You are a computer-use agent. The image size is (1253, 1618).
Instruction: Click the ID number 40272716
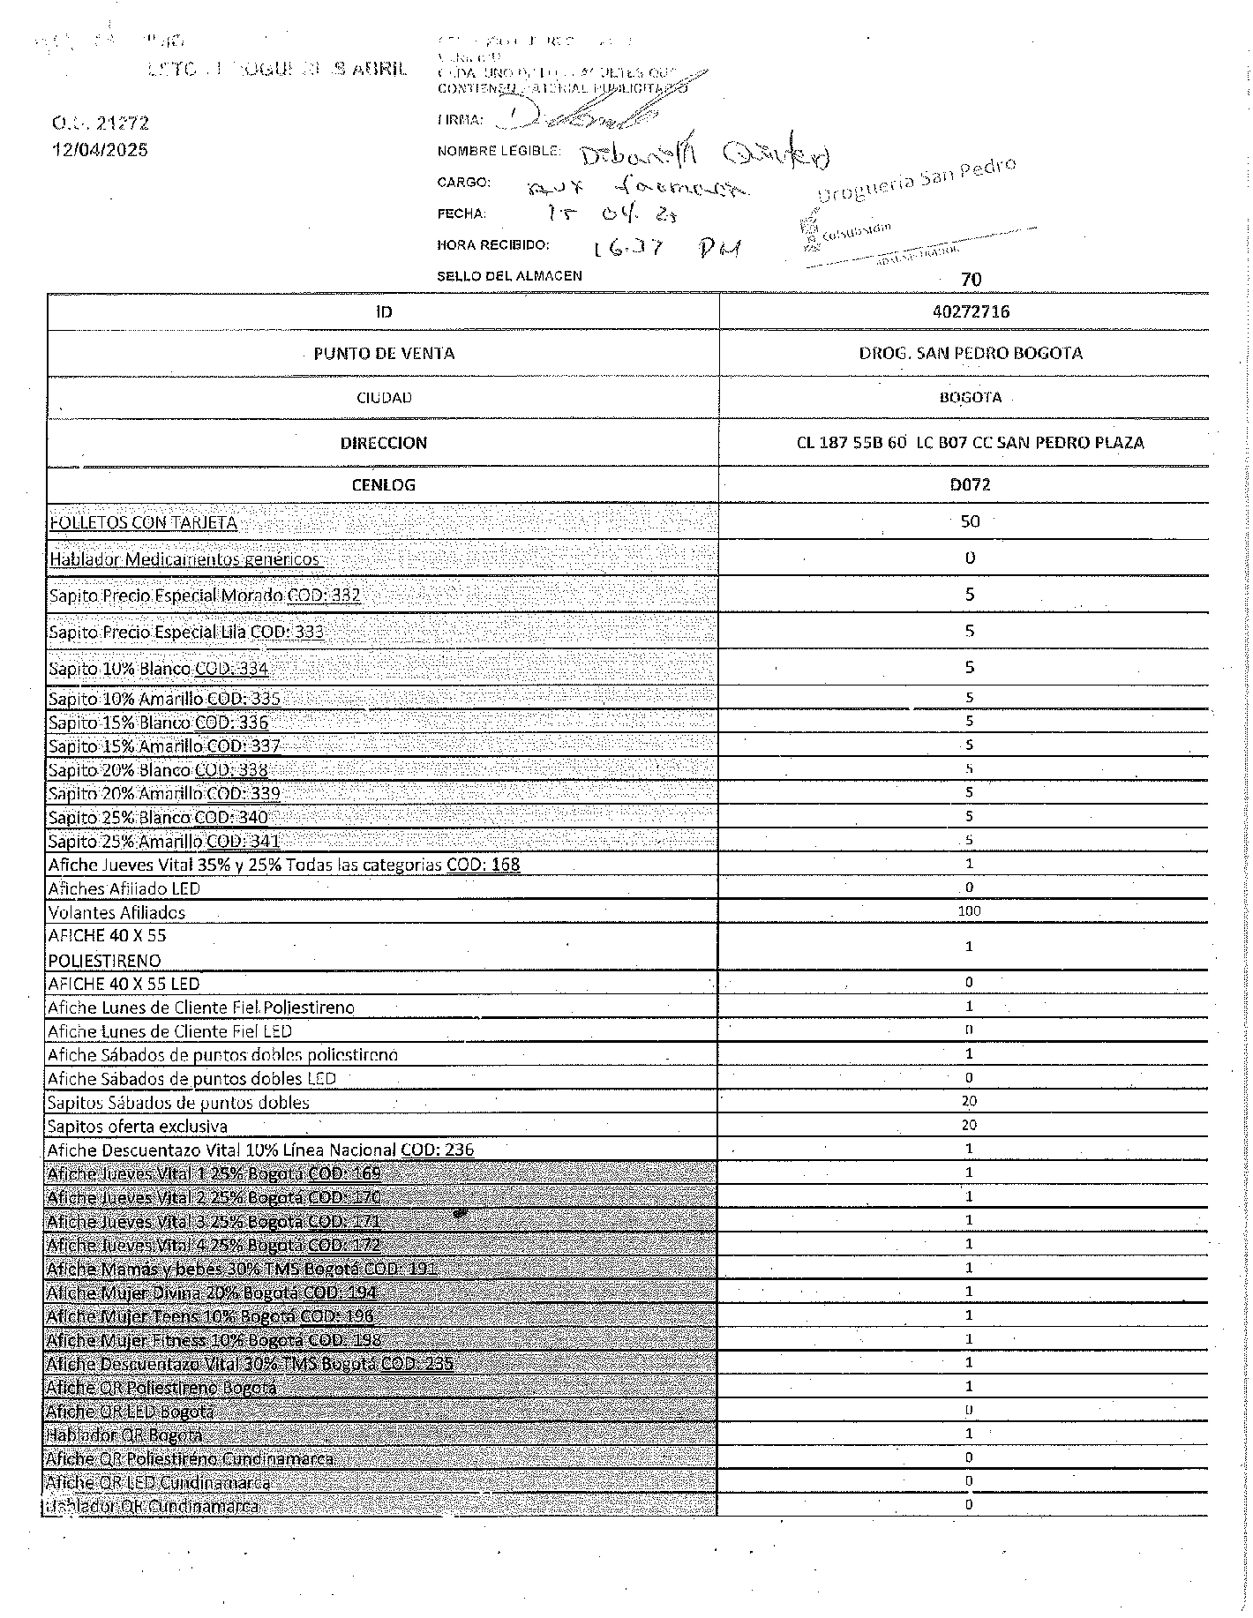click(x=971, y=311)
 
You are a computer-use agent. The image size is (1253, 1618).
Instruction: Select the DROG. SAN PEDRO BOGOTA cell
click(x=971, y=353)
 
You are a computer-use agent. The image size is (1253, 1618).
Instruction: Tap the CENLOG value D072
click(x=970, y=484)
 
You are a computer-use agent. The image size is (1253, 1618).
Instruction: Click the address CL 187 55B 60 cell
click(x=970, y=443)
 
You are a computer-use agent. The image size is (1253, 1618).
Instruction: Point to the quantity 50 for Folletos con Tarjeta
click(x=970, y=521)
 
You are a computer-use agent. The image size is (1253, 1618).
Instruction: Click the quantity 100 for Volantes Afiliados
click(x=969, y=911)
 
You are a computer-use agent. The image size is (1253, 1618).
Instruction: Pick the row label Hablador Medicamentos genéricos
click(x=184, y=559)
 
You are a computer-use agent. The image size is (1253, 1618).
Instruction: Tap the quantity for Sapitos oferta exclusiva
click(x=969, y=1126)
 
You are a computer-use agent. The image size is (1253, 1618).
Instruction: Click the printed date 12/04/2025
click(x=99, y=149)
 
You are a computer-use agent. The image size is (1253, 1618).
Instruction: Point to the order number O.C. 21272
click(x=99, y=124)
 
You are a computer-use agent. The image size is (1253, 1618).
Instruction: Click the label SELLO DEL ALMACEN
click(x=509, y=276)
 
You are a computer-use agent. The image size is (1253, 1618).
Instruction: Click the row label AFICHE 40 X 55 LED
click(x=124, y=984)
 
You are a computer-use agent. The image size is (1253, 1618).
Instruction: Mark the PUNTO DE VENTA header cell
click(x=384, y=354)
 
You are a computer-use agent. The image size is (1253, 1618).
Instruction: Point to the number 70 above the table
click(x=971, y=280)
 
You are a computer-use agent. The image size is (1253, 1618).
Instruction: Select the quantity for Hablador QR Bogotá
click(x=969, y=1434)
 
